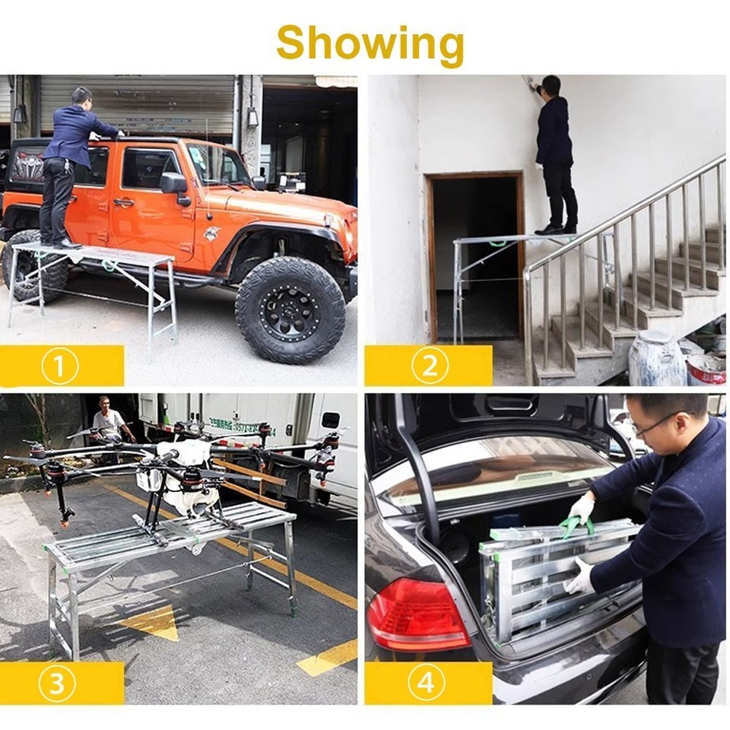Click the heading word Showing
[x=370, y=44]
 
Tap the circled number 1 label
[x=60, y=367]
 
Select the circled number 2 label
[x=430, y=367]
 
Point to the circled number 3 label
[x=57, y=684]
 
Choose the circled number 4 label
[x=426, y=684]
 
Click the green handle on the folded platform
[x=577, y=525]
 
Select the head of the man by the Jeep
[x=82, y=97]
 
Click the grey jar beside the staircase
[x=656, y=360]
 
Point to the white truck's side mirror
[x=330, y=421]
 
